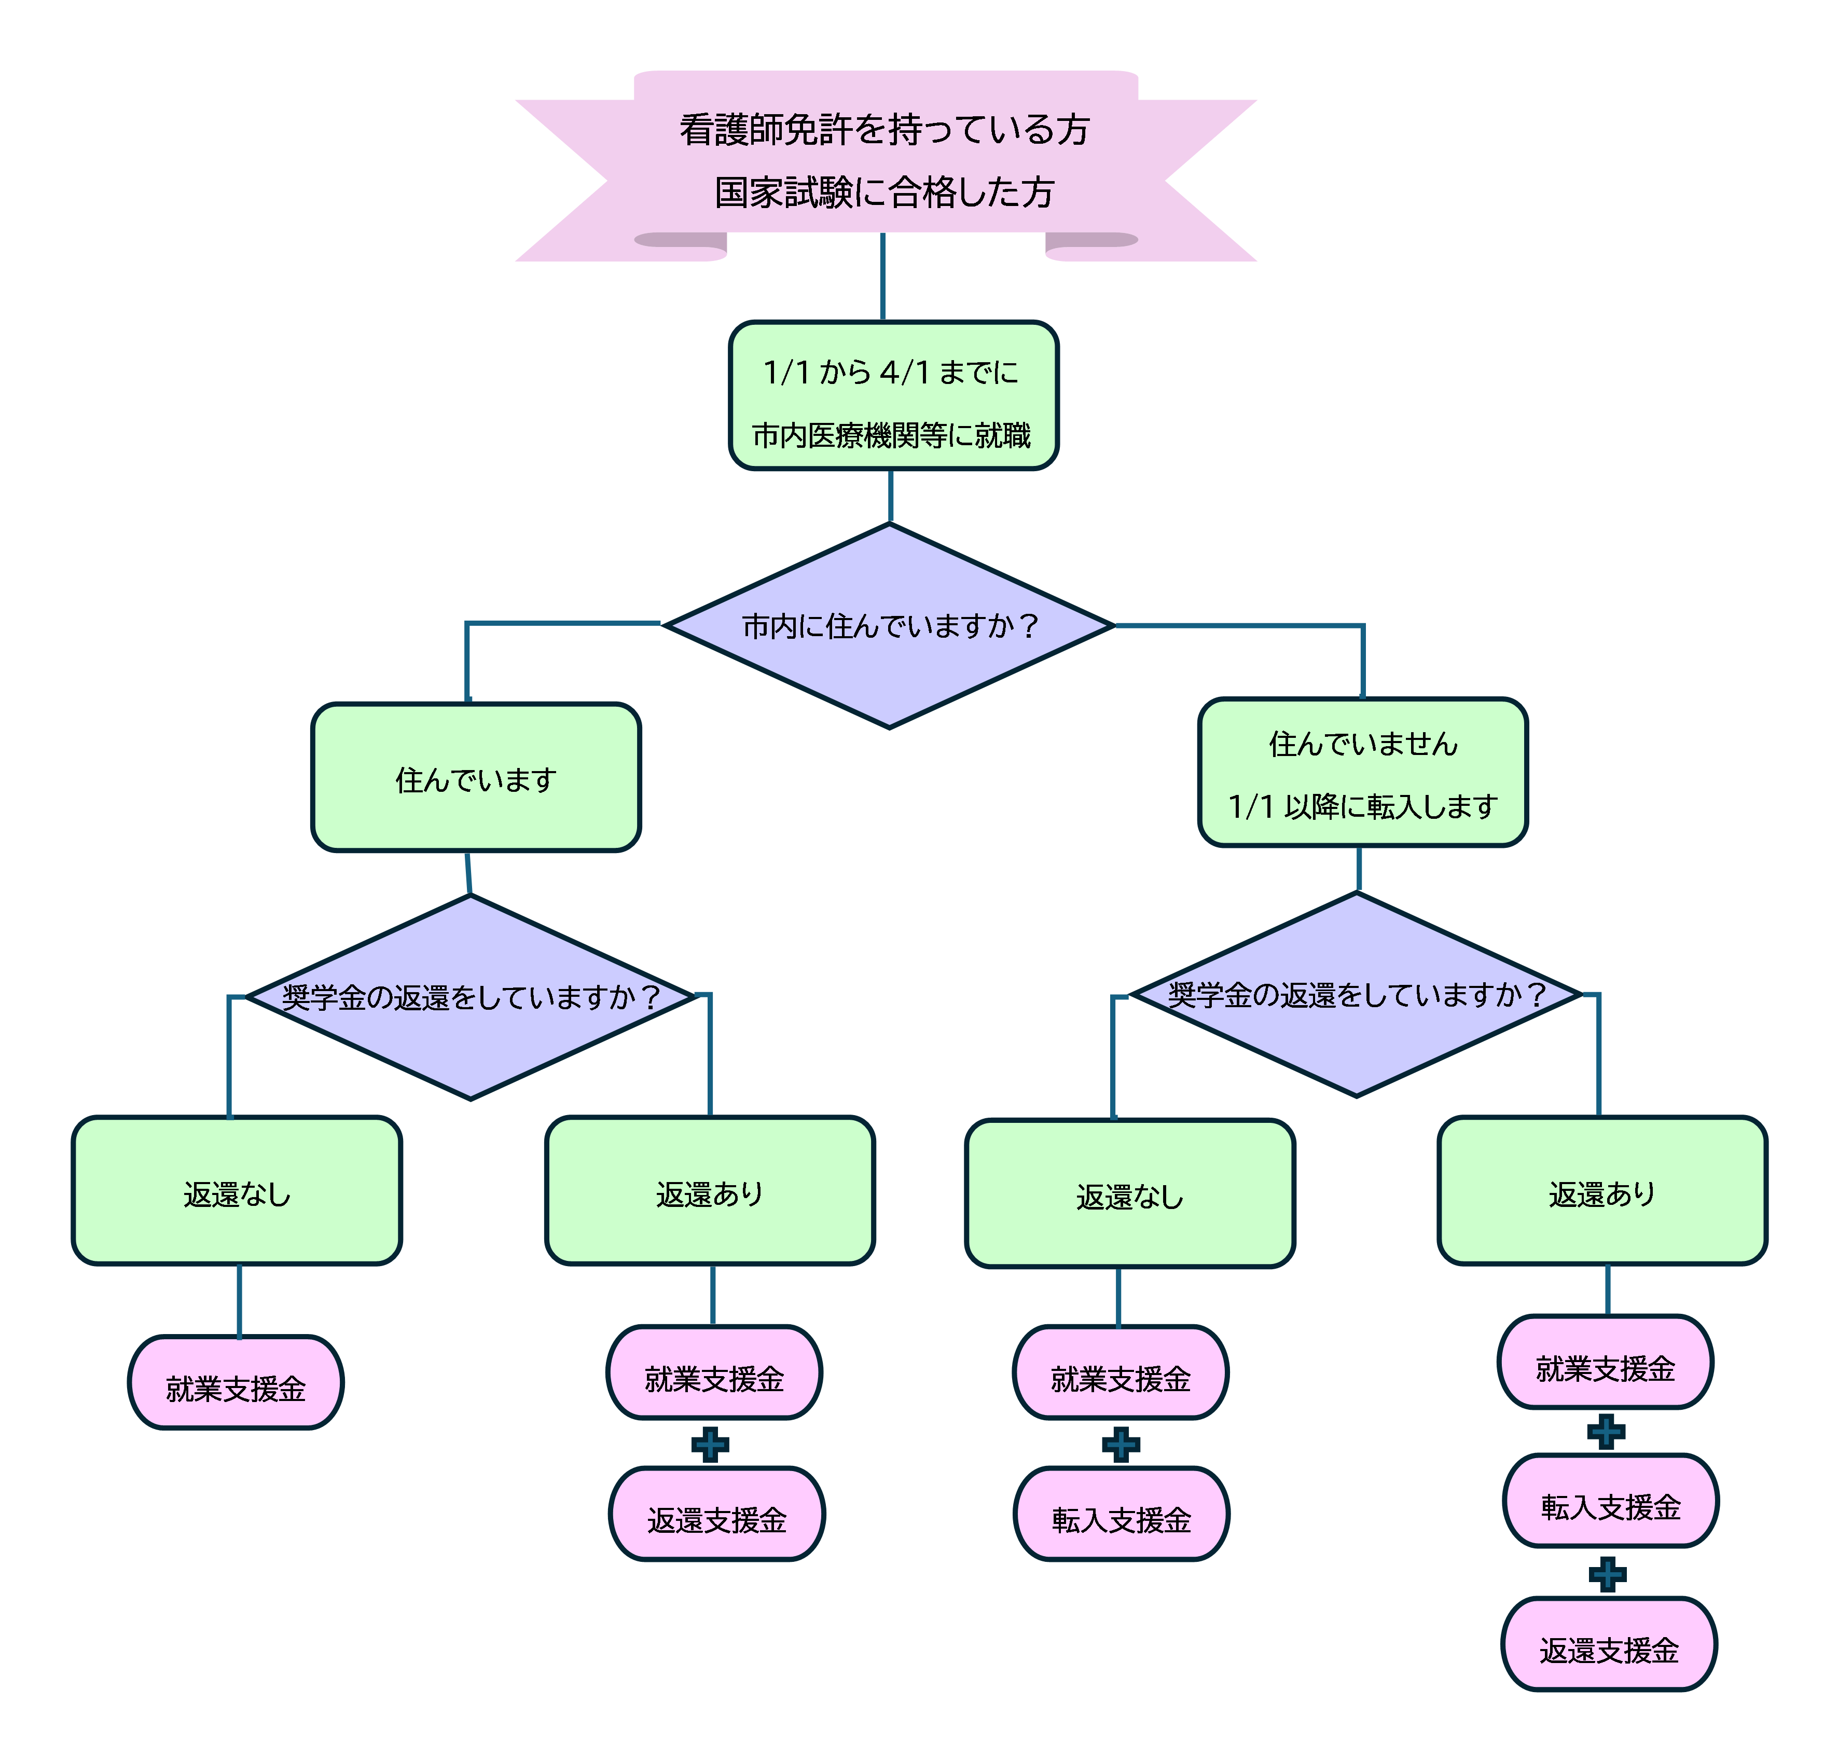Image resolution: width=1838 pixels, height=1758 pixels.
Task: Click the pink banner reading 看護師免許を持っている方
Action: point(885,129)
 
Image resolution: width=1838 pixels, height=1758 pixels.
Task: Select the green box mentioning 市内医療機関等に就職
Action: point(893,395)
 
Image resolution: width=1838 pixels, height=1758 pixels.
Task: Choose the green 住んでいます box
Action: point(476,778)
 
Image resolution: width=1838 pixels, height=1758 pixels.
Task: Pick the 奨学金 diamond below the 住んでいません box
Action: point(1356,994)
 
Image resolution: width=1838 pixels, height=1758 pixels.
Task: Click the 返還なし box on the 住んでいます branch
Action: point(237,1191)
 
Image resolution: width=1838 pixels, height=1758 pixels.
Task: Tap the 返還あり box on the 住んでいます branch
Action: point(710,1191)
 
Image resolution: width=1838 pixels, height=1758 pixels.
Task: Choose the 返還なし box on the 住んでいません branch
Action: point(1130,1194)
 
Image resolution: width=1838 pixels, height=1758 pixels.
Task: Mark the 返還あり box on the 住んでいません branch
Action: point(1602,1191)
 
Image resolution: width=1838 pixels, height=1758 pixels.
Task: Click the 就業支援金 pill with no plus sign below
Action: point(236,1383)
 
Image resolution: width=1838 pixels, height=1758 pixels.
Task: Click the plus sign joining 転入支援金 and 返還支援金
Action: point(1608,1574)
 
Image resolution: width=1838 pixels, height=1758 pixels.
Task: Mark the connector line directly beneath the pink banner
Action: point(882,277)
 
